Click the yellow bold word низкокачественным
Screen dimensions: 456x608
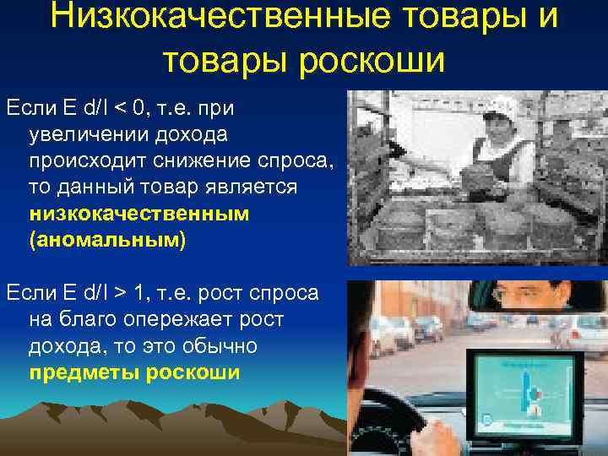point(139,214)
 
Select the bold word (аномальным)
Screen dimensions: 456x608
point(106,240)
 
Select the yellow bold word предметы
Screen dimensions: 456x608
point(84,372)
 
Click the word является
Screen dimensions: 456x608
point(248,187)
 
